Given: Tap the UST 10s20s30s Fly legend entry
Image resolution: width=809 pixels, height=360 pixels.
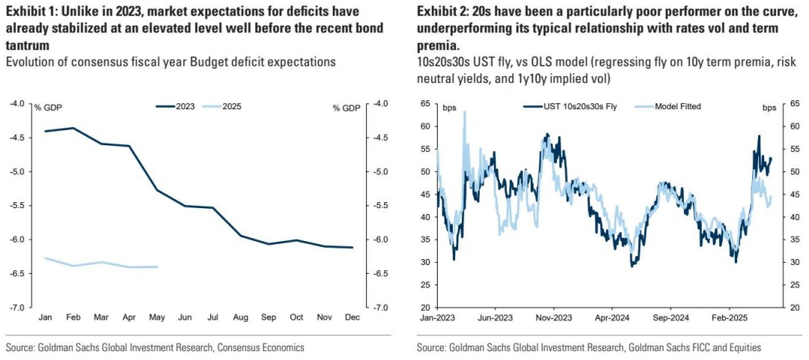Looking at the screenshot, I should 576,107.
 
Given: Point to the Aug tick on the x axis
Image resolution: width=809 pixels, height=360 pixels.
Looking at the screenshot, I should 240,318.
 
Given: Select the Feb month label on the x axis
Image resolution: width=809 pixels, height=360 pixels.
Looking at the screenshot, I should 73,318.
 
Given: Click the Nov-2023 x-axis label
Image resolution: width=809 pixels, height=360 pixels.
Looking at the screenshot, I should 554,318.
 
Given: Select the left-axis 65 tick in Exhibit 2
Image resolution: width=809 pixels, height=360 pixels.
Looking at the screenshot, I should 425,103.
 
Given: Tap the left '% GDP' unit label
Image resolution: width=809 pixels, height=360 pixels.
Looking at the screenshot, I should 48,108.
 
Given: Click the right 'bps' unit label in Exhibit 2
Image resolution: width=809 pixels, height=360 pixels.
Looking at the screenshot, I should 769,108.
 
